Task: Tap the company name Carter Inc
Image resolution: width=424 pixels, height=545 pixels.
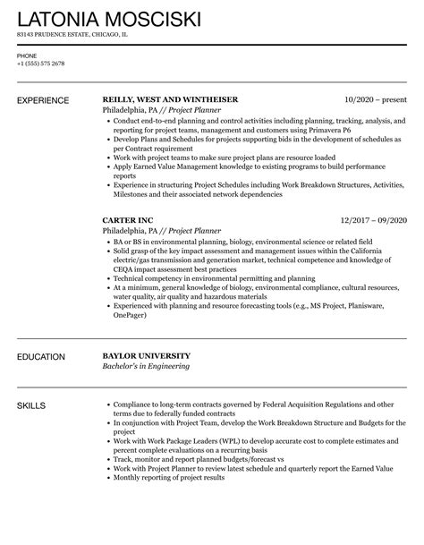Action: (x=132, y=218)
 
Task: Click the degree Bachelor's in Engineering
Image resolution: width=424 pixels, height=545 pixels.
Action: (x=147, y=368)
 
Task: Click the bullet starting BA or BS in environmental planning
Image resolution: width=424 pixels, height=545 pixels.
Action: (x=242, y=243)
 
